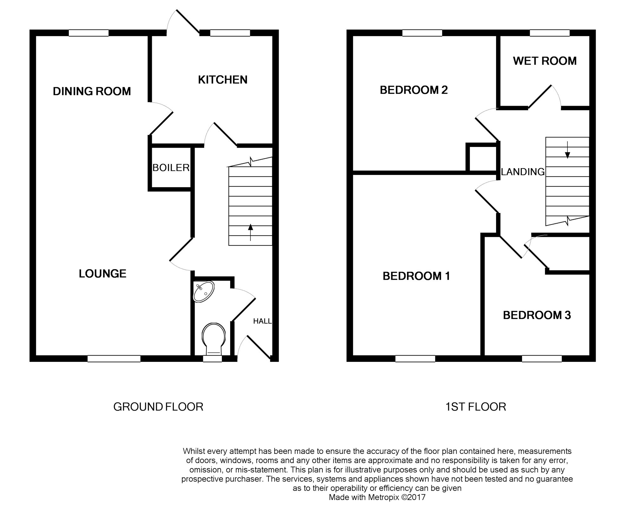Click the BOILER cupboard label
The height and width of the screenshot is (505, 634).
pyautogui.click(x=171, y=168)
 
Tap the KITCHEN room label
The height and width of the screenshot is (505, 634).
pyautogui.click(x=223, y=80)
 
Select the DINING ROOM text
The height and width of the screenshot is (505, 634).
pyautogui.click(x=92, y=91)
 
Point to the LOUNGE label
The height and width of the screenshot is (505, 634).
pyautogui.click(x=102, y=274)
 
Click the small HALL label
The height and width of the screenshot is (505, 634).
pyautogui.click(x=262, y=321)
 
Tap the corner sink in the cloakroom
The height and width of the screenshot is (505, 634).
pyautogui.click(x=204, y=291)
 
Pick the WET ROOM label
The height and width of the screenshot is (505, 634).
pyautogui.click(x=545, y=61)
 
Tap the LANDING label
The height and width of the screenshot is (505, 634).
pyautogui.click(x=522, y=172)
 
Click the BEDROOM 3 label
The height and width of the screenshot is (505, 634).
pyautogui.click(x=537, y=315)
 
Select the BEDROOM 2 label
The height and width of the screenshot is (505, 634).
pyautogui.click(x=414, y=90)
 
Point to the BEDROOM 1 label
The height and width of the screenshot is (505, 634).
pyautogui.click(x=416, y=276)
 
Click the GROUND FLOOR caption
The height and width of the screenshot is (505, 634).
pyautogui.click(x=158, y=407)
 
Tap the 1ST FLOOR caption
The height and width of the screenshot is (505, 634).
pyautogui.click(x=475, y=407)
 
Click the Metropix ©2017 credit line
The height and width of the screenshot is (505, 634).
pyautogui.click(x=377, y=497)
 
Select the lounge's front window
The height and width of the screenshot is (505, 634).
pyautogui.click(x=114, y=358)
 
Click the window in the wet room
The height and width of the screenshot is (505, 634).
pyautogui.click(x=549, y=33)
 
